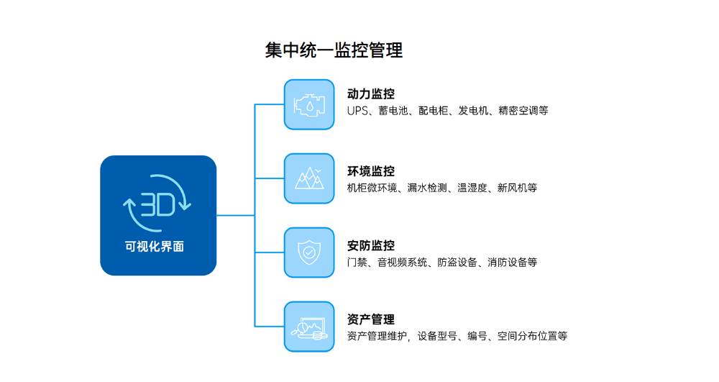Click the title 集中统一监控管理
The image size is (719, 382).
click(334, 50)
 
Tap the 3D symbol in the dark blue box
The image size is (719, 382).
click(157, 204)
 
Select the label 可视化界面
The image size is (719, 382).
click(155, 247)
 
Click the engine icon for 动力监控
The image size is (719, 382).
click(309, 105)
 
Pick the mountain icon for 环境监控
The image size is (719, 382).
click(309, 178)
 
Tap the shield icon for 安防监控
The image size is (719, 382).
click(309, 253)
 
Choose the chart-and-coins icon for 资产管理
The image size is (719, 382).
click(309, 327)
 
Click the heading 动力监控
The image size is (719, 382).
click(371, 94)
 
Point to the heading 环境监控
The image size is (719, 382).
click(371, 171)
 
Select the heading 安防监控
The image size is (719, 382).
click(371, 246)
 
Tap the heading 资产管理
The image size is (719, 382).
click(371, 319)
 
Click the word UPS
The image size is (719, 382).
click(357, 111)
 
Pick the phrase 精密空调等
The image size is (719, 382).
click(523, 111)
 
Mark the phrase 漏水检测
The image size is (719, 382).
click(427, 188)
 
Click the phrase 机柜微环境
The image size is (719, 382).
click(372, 188)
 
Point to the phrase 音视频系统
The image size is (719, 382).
click(402, 263)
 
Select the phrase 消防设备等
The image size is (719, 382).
click(512, 263)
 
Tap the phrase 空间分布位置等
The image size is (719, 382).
click(532, 337)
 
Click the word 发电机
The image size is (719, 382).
click(473, 111)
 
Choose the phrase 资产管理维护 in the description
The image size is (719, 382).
click(377, 337)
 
